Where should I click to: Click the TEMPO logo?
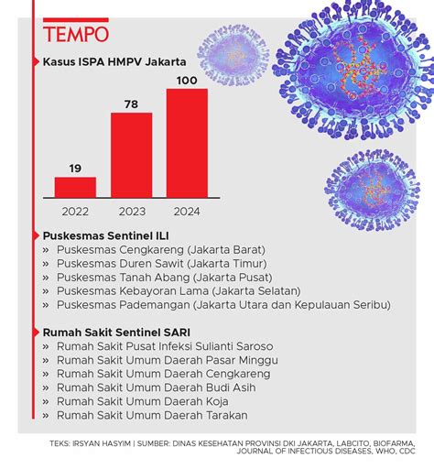pos(76,34)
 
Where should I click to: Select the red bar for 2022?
pos(75,187)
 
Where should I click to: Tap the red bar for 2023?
pos(131,155)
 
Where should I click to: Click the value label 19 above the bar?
pos(75,168)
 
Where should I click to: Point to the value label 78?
pos(131,104)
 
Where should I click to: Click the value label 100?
pos(187,80)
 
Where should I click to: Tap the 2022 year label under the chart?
pos(75,212)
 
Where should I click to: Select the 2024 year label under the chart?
pos(186,212)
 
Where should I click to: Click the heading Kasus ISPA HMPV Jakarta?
pos(114,61)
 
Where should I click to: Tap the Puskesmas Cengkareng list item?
pos(160,249)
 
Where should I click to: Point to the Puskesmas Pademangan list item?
pos(222,304)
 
